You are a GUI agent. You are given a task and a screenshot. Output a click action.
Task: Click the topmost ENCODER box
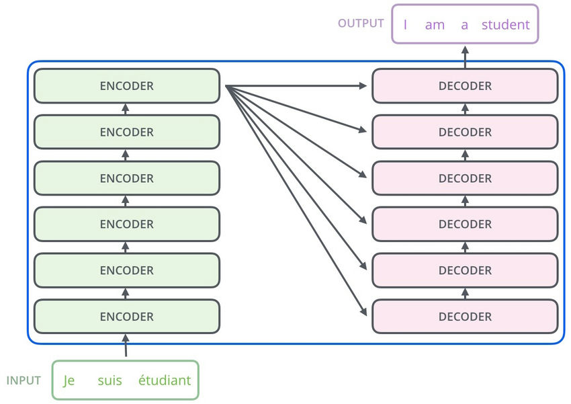pos(127,86)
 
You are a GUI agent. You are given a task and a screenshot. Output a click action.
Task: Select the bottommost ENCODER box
pos(127,317)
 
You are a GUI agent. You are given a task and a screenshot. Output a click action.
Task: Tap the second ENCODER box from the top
pos(127,132)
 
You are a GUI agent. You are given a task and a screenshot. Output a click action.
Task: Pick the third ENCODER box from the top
pos(127,178)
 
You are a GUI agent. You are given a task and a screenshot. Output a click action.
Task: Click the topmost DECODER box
pos(465,86)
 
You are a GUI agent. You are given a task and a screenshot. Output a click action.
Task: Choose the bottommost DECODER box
pos(465,317)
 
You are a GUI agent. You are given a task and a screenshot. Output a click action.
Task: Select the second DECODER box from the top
pos(465,132)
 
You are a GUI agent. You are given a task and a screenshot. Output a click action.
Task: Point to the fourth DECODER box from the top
pos(465,225)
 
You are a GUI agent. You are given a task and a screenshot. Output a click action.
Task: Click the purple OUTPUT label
pos(361,24)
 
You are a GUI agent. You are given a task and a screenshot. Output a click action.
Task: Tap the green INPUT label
pos(24,380)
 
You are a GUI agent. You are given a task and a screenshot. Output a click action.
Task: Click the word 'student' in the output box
pos(505,25)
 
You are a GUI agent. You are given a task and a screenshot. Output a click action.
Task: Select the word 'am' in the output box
pos(435,25)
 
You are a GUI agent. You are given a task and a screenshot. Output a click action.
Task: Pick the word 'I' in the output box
pos(405,25)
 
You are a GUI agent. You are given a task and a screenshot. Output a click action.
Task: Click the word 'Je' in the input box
pos(69,380)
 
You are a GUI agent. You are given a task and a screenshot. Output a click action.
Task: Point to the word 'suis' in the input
pos(109,380)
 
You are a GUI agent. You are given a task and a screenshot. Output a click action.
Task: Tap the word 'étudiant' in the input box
pos(165,380)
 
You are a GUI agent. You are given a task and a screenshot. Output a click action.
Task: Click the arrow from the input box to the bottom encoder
pos(126,346)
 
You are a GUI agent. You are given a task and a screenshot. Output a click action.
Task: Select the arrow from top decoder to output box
pos(464,56)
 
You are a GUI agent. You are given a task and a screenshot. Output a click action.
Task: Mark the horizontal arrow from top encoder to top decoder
pos(296,86)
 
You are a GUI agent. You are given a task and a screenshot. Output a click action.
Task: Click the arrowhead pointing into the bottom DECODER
pos(363,312)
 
